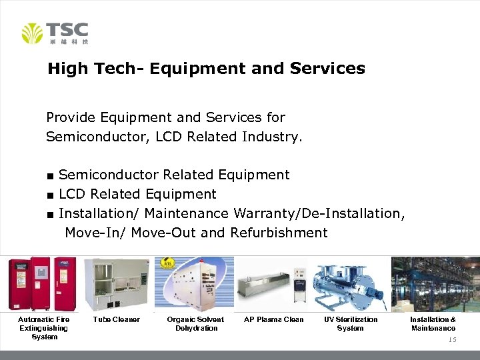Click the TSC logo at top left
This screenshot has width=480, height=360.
pos(55,33)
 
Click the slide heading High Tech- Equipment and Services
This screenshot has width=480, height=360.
pos(206,69)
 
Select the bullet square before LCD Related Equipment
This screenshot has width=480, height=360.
pos(50,195)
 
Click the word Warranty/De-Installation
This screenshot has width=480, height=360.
pos(319,213)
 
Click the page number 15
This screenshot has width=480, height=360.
pos(452,340)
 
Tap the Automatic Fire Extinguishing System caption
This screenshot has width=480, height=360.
pos(43,328)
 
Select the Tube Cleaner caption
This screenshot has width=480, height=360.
pos(117,319)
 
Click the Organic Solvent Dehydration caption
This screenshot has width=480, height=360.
pos(195,323)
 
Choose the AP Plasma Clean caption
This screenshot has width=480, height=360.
pos(274,319)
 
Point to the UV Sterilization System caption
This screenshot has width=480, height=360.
pos(351,323)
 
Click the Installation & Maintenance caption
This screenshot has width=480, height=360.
pos(433,323)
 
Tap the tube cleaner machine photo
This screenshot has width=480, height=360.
pos(117,284)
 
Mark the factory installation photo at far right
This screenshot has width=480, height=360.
pos(435,284)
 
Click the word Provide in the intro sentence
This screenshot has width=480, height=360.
pos(71,117)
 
